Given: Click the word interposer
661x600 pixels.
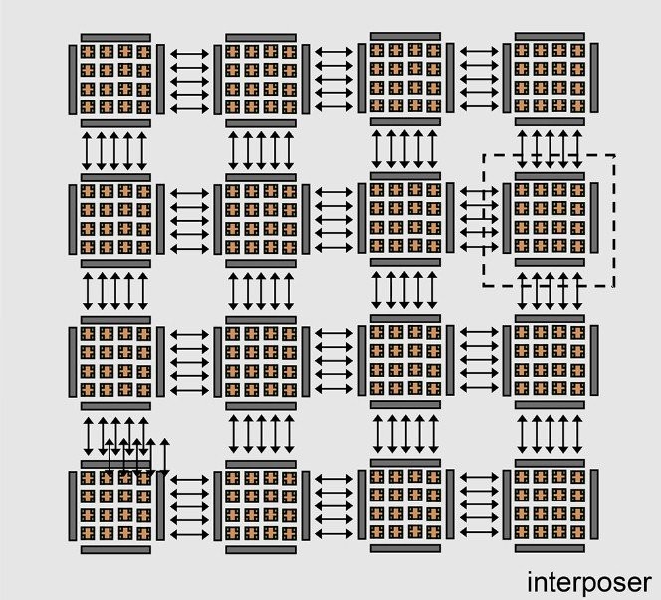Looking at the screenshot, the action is click(x=589, y=583).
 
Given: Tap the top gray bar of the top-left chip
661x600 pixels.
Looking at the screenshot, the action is click(x=115, y=38).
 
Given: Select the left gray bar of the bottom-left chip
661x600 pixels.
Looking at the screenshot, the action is click(x=73, y=506).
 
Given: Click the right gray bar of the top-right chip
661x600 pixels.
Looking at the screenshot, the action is click(x=594, y=78).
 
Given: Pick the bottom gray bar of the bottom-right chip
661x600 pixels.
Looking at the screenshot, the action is click(x=550, y=548).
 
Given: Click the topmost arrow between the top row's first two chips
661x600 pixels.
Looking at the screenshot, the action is click(x=189, y=54).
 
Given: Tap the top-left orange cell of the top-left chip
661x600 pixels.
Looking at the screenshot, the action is click(x=88, y=52).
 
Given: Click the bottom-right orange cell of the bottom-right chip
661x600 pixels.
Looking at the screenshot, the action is click(x=577, y=533).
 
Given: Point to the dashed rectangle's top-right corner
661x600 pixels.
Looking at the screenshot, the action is click(x=614, y=155).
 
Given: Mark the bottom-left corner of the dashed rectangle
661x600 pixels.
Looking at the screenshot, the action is click(x=484, y=286).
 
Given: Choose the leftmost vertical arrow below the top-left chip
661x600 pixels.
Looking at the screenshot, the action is click(x=87, y=151).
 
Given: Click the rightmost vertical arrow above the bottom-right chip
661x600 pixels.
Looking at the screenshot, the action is click(x=577, y=434).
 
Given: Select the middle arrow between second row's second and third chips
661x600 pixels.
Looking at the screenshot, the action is click(x=333, y=220).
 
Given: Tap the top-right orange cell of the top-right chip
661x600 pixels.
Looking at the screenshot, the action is click(x=577, y=50).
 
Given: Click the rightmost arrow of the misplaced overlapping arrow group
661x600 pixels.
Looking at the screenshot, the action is click(x=165, y=458).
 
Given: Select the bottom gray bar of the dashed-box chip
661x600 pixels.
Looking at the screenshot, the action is click(x=550, y=263).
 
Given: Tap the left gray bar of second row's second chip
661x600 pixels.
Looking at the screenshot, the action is click(x=218, y=220).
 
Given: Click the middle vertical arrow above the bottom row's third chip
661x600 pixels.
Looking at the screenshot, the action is click(x=405, y=434).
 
